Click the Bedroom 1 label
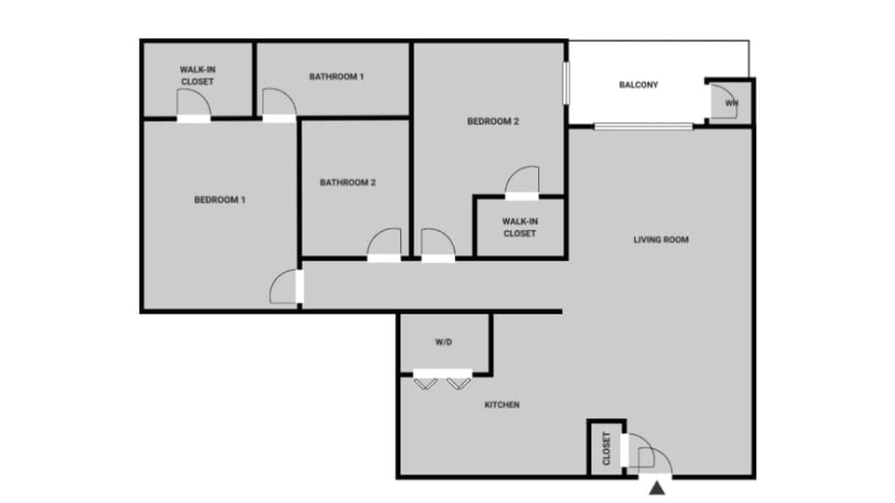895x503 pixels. pyautogui.click(x=220, y=199)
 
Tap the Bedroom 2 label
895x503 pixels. pyautogui.click(x=492, y=121)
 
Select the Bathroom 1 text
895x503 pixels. pyautogui.click(x=337, y=76)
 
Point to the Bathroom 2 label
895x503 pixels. pyautogui.click(x=348, y=183)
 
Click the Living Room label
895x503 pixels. pyautogui.click(x=661, y=239)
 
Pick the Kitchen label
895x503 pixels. pyautogui.click(x=502, y=405)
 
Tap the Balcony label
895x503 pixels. pyautogui.click(x=639, y=85)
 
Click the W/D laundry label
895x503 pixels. pyautogui.click(x=444, y=343)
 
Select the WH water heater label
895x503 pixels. pyautogui.click(x=732, y=103)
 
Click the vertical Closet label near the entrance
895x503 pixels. pyautogui.click(x=606, y=448)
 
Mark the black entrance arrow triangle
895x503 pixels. pyautogui.click(x=658, y=486)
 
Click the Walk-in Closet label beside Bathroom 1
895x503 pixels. pyautogui.click(x=197, y=75)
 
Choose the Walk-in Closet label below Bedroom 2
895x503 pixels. pyautogui.click(x=519, y=227)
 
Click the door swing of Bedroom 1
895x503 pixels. pyautogui.click(x=284, y=287)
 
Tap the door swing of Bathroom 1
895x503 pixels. pyautogui.click(x=278, y=103)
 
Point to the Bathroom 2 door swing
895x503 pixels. pyautogui.click(x=383, y=244)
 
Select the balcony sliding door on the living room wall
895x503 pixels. pyautogui.click(x=643, y=127)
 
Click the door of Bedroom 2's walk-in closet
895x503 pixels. pyautogui.click(x=522, y=182)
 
